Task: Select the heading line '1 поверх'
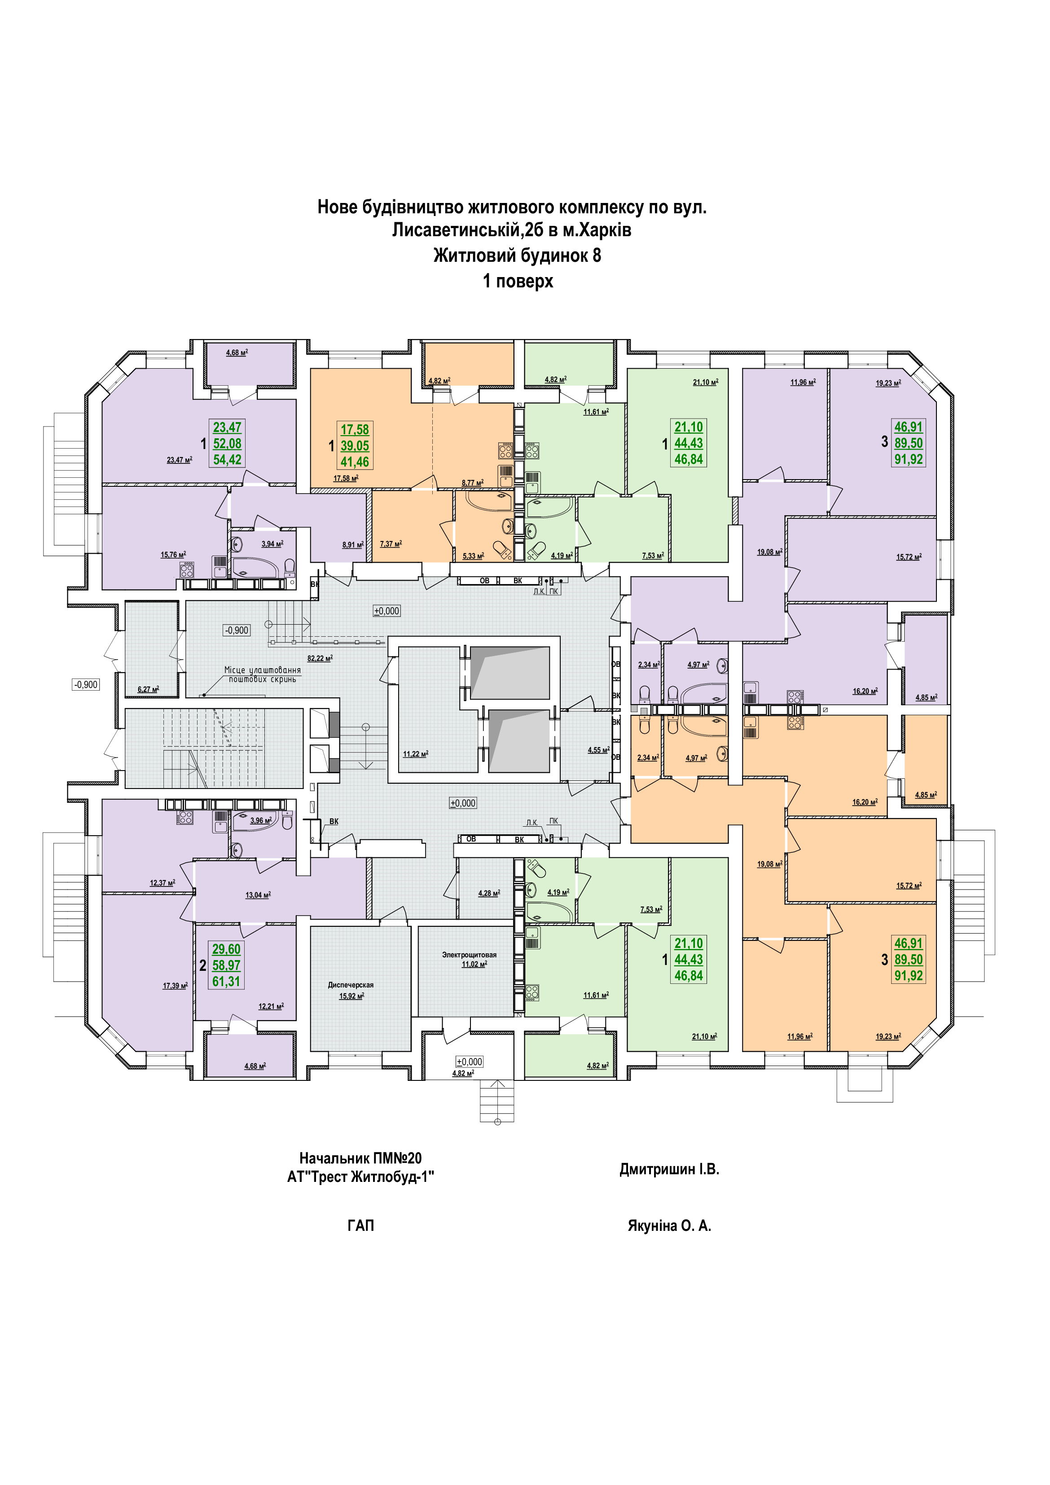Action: point(518,282)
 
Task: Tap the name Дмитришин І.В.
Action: point(669,1169)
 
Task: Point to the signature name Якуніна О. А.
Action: point(669,1225)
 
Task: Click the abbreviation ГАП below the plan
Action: point(361,1225)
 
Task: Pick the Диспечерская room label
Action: point(351,985)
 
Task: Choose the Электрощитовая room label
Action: point(470,955)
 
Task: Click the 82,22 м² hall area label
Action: point(319,658)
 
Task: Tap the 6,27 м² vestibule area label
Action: point(148,689)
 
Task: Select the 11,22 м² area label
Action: point(415,754)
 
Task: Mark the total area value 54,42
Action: point(227,460)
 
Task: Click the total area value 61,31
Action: point(226,981)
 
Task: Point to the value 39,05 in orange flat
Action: point(355,445)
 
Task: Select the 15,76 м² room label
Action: point(173,555)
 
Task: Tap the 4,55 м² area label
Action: point(598,750)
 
